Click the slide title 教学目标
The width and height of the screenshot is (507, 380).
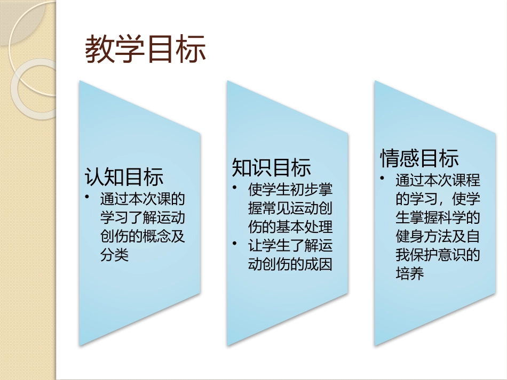click(x=145, y=50)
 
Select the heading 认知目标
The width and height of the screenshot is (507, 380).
click(x=124, y=177)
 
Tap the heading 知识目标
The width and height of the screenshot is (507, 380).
click(x=272, y=167)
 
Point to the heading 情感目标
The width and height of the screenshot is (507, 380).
click(x=419, y=158)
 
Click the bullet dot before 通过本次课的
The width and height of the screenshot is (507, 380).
click(x=87, y=198)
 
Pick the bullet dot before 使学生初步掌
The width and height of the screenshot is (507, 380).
click(x=235, y=188)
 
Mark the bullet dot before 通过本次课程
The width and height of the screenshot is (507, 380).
click(x=383, y=179)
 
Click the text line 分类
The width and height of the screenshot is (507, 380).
click(x=114, y=256)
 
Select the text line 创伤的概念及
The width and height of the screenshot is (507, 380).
click(x=142, y=237)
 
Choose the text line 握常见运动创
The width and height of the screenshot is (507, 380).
click(x=290, y=208)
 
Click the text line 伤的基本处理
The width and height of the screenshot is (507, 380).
click(x=290, y=227)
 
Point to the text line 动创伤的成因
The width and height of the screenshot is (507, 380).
click(x=290, y=264)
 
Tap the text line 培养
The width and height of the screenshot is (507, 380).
click(x=410, y=274)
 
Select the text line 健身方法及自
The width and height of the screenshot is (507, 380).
click(x=438, y=237)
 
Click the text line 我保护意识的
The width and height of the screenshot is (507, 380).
click(x=438, y=255)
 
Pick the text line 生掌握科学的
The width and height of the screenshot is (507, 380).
click(x=438, y=218)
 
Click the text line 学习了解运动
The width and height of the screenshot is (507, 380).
click(x=142, y=218)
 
